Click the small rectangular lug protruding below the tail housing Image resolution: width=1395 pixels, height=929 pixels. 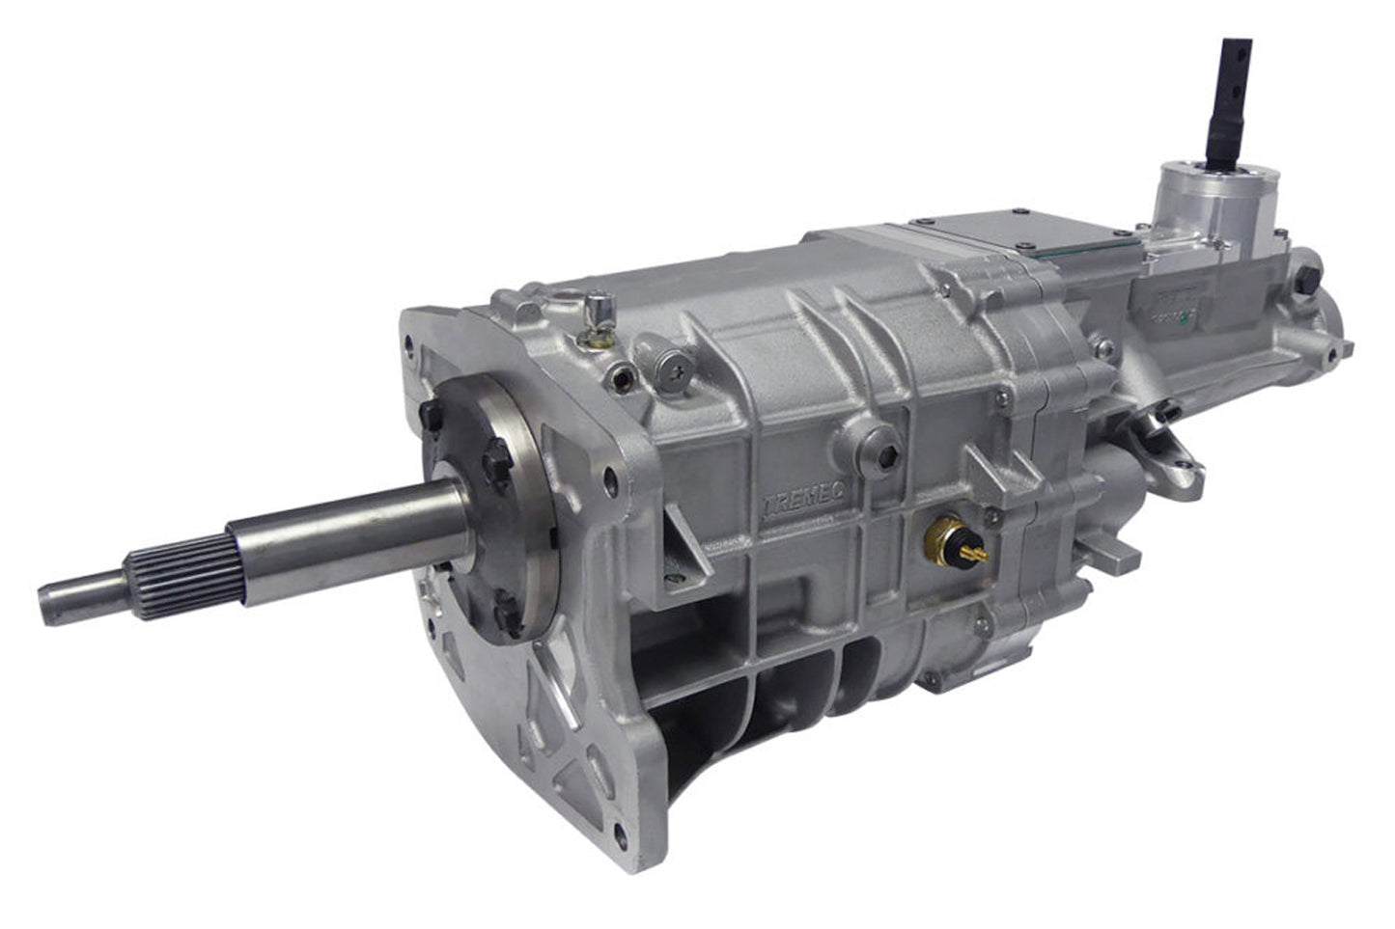tap(1120, 554)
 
